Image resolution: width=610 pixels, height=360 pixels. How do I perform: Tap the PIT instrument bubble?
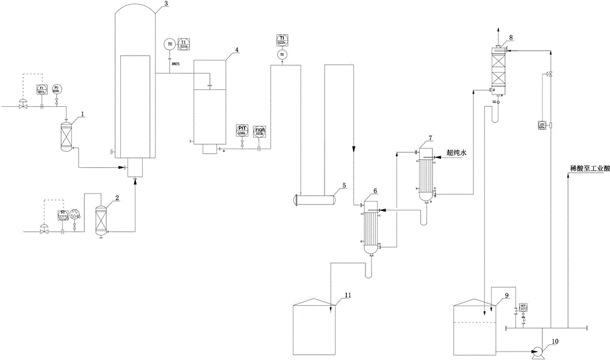[242, 131]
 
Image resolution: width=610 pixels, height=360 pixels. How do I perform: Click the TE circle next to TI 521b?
[169, 43]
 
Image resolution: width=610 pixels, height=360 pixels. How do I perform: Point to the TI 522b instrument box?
[282, 40]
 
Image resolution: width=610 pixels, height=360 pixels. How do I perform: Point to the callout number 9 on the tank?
[506, 295]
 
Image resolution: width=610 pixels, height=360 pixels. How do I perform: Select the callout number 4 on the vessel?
[228, 49]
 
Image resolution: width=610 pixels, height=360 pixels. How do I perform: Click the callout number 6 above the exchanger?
[375, 190]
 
